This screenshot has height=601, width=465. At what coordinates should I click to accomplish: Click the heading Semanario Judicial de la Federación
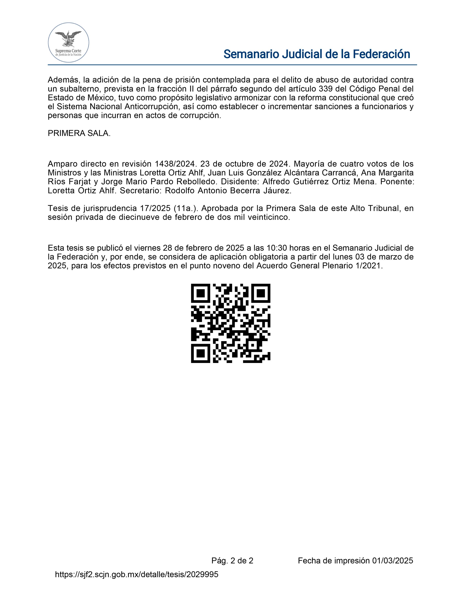click(x=317, y=54)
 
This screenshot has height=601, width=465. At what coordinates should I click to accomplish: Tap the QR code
click(x=230, y=323)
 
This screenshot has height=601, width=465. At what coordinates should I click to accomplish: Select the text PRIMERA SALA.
click(x=79, y=133)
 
